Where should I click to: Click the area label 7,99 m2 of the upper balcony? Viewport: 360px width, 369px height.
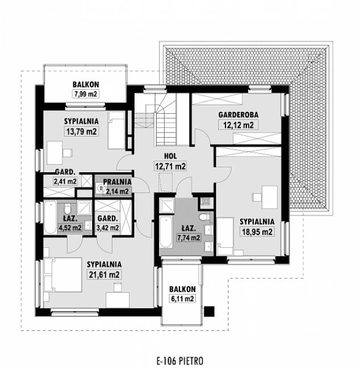click(85, 94)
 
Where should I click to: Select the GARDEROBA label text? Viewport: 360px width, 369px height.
click(235, 114)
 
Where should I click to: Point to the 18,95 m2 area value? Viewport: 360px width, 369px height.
click(257, 231)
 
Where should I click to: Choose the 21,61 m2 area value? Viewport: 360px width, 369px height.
click(103, 275)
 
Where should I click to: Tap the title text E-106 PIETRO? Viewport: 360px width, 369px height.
click(179, 360)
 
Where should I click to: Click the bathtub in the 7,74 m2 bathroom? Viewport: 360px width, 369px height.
click(165, 233)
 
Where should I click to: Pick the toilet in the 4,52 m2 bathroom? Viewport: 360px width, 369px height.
click(66, 208)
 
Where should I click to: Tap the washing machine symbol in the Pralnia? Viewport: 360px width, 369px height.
click(101, 186)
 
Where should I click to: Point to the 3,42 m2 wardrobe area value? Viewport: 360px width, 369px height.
click(107, 228)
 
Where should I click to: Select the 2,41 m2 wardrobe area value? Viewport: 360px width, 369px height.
click(64, 182)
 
